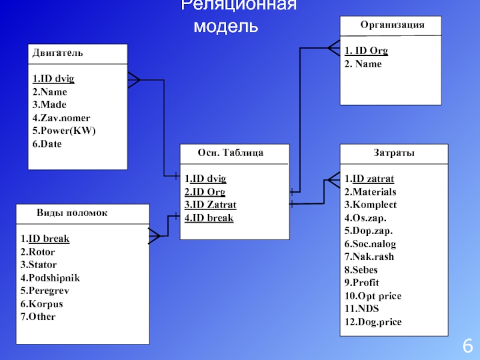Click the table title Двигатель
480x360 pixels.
[x=58, y=53]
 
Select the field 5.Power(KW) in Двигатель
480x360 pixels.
[x=64, y=131]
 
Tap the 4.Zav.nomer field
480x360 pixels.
[x=61, y=118]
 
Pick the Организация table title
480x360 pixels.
[x=392, y=25]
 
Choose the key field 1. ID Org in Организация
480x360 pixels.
[x=367, y=50]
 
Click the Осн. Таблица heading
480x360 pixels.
[x=230, y=152]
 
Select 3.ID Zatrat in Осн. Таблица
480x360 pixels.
[x=211, y=205]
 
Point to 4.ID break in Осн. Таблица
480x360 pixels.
[x=209, y=218]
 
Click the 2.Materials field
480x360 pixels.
[x=370, y=192]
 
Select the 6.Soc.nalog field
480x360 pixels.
[x=370, y=244]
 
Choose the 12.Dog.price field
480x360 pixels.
[x=373, y=322]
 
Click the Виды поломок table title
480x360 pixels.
[x=72, y=212]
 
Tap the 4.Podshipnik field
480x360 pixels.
[x=50, y=278]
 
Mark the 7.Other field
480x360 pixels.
[x=38, y=317]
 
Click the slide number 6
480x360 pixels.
[x=468, y=346]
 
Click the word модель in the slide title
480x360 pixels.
[x=227, y=26]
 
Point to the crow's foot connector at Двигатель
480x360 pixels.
[x=134, y=79]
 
